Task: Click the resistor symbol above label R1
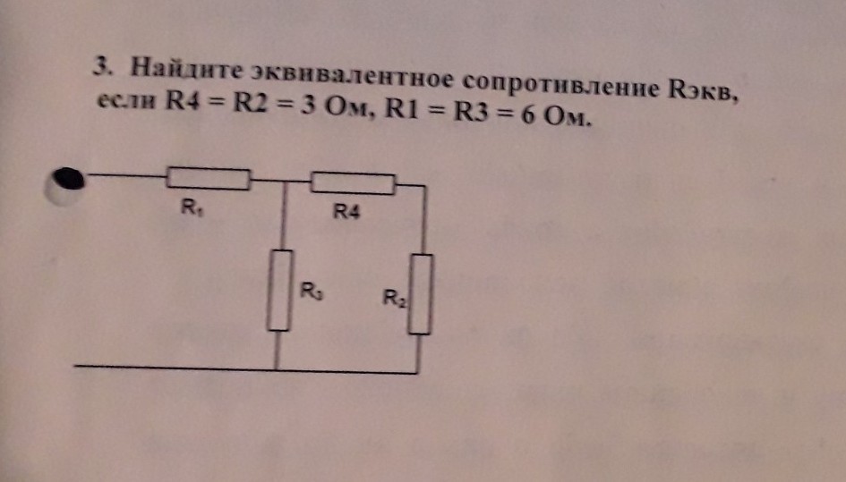point(208,179)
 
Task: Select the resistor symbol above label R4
point(352,183)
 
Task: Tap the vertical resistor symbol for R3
point(281,291)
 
